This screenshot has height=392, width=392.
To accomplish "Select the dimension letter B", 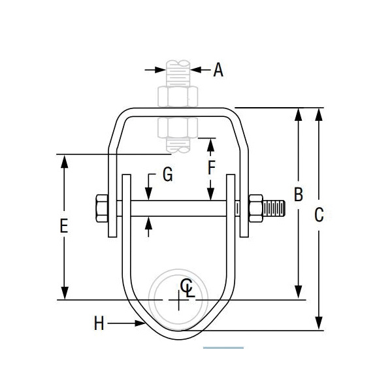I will click(x=299, y=195).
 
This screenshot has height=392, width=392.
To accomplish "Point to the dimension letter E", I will click(x=63, y=226).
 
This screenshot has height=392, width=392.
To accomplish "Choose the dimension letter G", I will click(x=167, y=175).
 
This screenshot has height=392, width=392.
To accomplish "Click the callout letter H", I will click(x=99, y=323).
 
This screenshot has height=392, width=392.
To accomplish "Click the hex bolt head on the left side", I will click(x=102, y=208).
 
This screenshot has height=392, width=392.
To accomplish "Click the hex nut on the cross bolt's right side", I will click(x=255, y=208).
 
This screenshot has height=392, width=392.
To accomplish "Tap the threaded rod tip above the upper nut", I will click(x=178, y=68).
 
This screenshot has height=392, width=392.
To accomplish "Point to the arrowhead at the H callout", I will click(x=139, y=323).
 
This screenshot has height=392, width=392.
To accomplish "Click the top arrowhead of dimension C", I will click(x=319, y=114).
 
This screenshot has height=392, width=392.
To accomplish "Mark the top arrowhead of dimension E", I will click(x=64, y=161).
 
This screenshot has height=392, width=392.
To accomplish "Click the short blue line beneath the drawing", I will click(x=223, y=348).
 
